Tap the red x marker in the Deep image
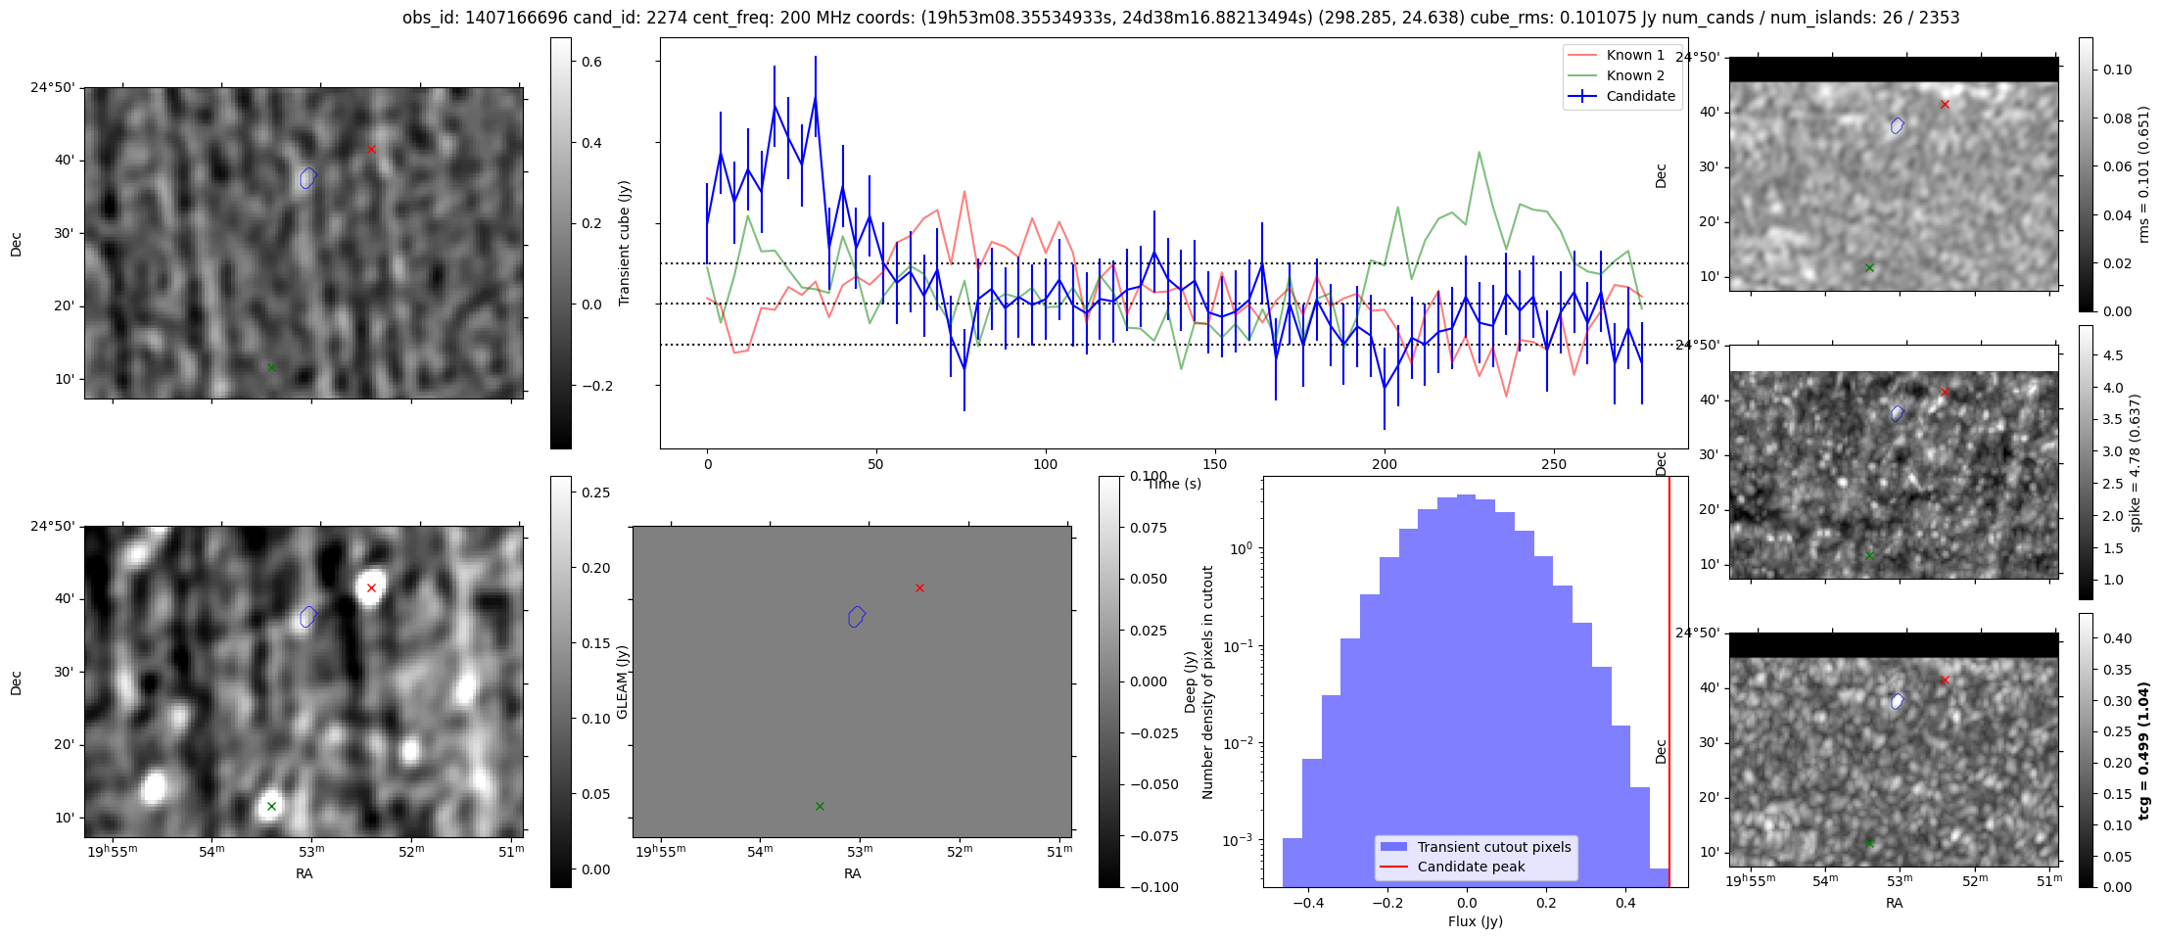pos(371,587)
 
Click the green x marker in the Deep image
pos(271,806)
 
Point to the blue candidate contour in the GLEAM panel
pos(857,616)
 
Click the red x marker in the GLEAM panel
pos(919,587)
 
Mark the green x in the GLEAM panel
pos(820,806)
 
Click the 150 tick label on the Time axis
pos(1214,464)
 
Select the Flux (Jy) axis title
pos(1475,921)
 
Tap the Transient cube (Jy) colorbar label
pos(625,243)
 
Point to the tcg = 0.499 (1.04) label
pos(2143,751)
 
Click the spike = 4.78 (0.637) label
pos(2136,463)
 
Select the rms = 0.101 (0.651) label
pos(2143,174)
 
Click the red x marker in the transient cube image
pos(371,149)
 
